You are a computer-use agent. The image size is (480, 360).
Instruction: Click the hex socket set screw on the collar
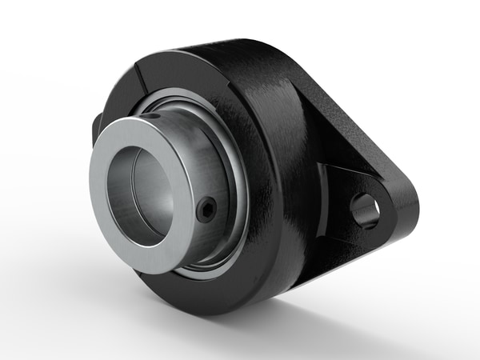pyautogui.click(x=209, y=210)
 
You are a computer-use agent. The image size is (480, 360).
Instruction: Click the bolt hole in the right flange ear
pyautogui.click(x=366, y=210)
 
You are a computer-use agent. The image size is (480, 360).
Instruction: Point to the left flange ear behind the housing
pyautogui.click(x=98, y=128)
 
